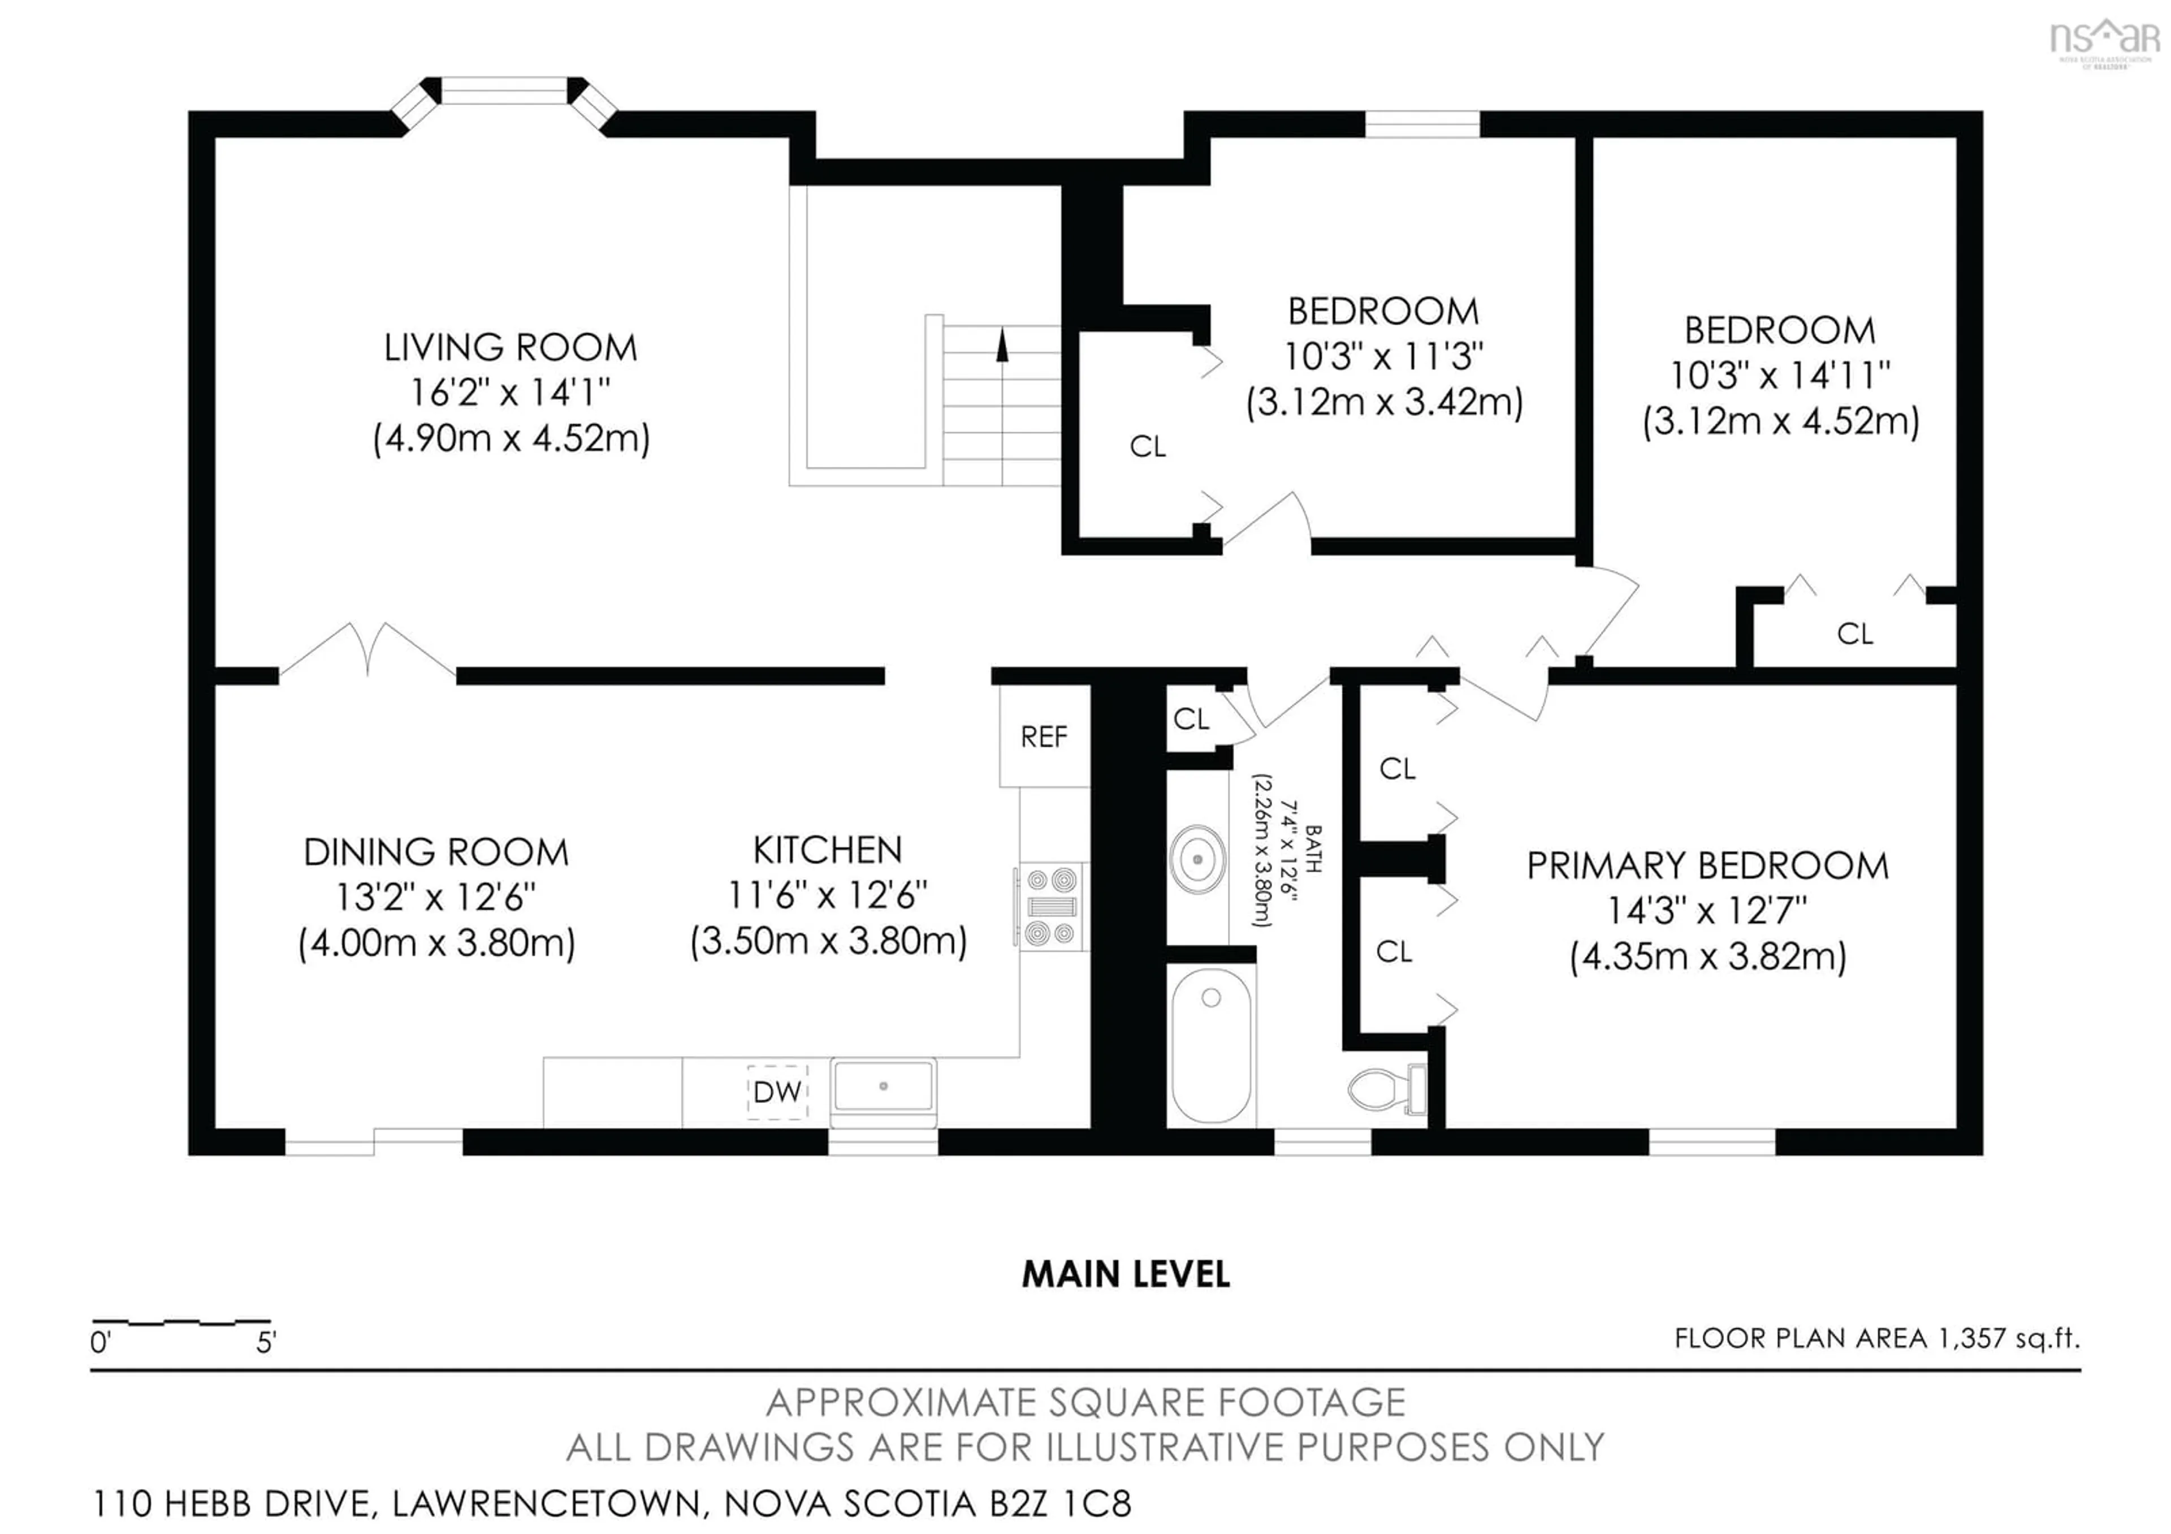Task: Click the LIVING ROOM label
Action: point(511,347)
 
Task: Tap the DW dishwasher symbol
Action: point(777,1092)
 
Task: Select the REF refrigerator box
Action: point(1044,736)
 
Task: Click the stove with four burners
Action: point(1052,907)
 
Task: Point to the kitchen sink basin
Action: point(883,1087)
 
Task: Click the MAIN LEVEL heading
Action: point(1125,1275)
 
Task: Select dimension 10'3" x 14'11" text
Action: point(1780,376)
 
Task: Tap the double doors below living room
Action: point(368,653)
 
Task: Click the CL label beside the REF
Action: point(1191,719)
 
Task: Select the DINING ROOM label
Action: point(436,852)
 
